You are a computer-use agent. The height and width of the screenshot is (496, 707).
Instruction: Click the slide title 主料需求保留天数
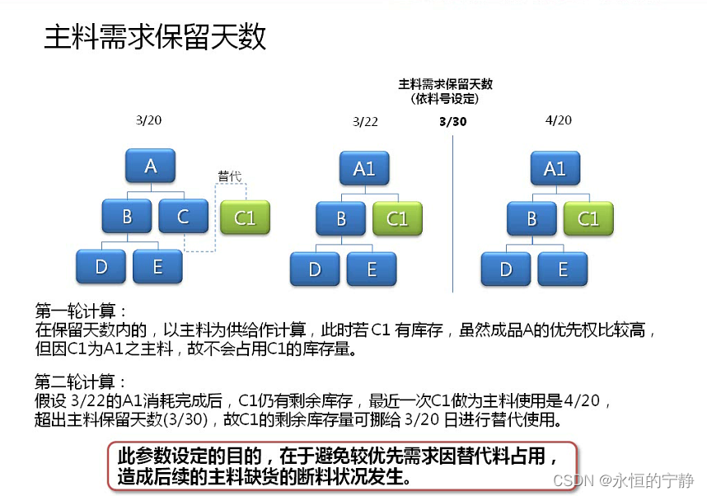pos(155,38)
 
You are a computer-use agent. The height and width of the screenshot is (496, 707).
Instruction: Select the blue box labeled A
pos(151,166)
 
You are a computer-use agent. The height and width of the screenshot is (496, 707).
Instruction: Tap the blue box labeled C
pos(183,217)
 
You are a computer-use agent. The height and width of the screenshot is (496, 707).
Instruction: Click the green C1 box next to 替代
pos(245,218)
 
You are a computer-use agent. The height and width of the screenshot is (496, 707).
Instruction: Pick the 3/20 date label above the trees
pos(148,120)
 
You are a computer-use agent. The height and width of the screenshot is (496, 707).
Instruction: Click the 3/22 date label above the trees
pos(365,121)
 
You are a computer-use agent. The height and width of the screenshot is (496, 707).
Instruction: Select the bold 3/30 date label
pos(452,121)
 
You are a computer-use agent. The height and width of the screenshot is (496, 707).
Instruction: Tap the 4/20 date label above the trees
pos(558,120)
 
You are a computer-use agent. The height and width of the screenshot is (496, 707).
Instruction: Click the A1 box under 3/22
pos(364,169)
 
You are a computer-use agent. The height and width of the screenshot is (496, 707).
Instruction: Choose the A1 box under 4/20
pos(555,169)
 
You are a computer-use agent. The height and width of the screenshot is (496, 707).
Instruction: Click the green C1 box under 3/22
pos(397,219)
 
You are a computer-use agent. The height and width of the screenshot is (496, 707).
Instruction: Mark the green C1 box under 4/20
pos(588,219)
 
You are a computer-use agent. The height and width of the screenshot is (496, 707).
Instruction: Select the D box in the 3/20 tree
pos(101,267)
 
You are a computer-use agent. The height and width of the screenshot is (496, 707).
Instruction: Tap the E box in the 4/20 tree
pos(563,269)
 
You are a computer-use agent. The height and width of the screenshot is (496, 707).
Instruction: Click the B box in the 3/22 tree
pos(340,219)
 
